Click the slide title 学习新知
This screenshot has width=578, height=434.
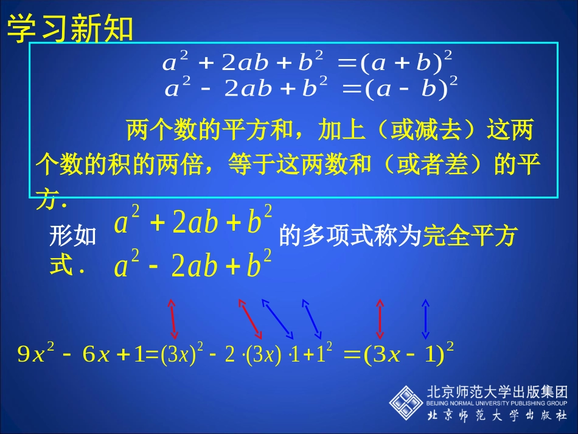click(70, 29)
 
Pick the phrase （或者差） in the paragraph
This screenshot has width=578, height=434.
click(435, 164)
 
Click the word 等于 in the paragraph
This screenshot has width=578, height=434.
click(251, 164)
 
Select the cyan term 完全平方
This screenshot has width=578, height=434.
click(469, 236)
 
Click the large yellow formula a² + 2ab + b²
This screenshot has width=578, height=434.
click(193, 222)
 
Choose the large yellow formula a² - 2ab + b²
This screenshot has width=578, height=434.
click(193, 265)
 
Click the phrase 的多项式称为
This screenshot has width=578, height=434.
click(350, 236)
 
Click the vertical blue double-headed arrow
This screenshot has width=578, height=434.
click(425, 318)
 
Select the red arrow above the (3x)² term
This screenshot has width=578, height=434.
click(173, 318)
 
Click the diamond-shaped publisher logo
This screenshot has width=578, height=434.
click(406, 402)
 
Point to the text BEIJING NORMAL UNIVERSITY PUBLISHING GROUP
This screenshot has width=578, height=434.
click(497, 403)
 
